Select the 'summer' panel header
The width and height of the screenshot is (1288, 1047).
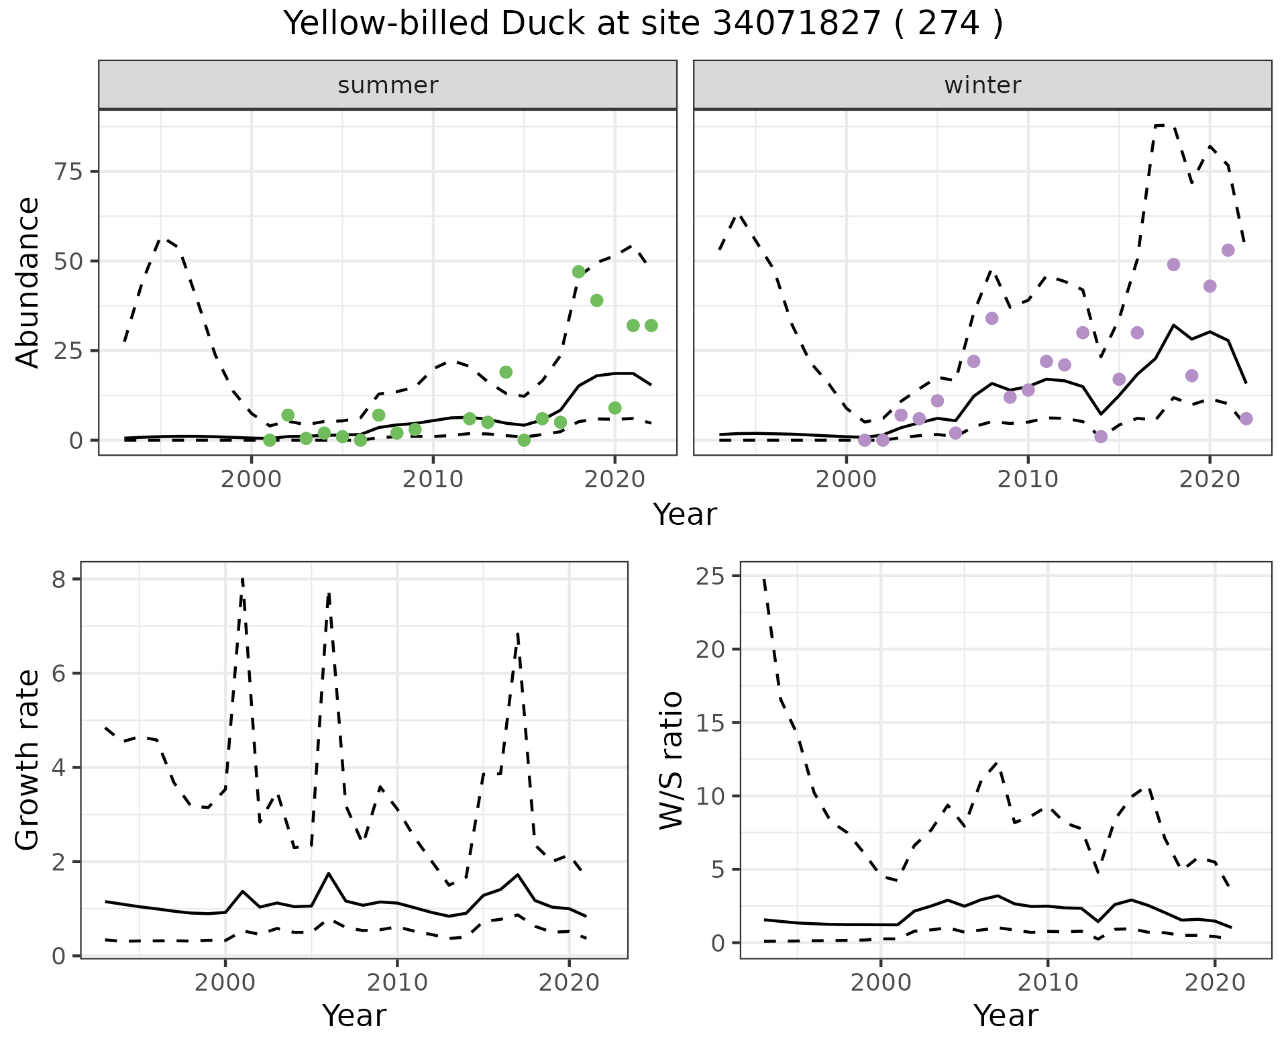point(388,85)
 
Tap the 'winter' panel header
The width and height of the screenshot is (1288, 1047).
point(982,85)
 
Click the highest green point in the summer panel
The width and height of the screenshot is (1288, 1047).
point(578,272)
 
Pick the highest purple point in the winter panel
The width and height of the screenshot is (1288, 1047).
point(1228,250)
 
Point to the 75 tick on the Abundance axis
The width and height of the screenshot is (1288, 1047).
point(68,172)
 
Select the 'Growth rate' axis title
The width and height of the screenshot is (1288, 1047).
point(28,760)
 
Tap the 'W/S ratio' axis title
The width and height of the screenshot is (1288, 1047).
point(671,760)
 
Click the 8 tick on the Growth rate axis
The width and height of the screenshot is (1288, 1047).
point(58,579)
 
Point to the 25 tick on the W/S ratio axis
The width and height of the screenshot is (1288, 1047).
point(710,577)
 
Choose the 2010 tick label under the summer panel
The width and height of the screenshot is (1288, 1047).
point(433,480)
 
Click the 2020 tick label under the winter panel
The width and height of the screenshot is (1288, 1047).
point(1209,480)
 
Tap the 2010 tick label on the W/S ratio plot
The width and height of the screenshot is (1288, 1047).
point(1047,983)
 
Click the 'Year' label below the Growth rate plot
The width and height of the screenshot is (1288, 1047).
point(354,1015)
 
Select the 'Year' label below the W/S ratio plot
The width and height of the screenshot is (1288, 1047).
point(1006,1015)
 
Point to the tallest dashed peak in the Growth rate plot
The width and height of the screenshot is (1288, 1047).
point(242,579)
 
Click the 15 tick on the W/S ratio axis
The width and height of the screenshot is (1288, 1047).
point(710,723)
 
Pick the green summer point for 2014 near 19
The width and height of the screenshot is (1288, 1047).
point(506,372)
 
